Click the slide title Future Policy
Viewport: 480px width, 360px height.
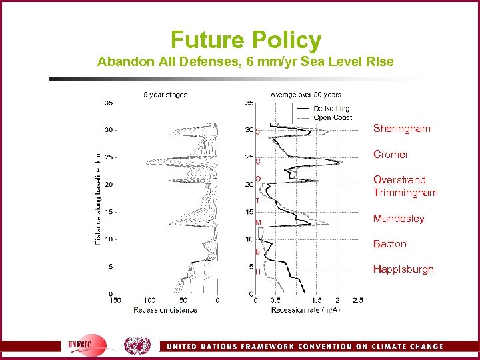pos(245,40)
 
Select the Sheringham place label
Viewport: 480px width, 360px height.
pos(401,128)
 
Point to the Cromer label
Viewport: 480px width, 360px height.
pos(391,154)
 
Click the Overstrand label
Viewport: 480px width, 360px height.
pos(399,179)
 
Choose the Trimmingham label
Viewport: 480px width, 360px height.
pos(405,193)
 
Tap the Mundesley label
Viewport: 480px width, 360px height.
pos(399,219)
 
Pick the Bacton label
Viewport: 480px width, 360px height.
pos(389,244)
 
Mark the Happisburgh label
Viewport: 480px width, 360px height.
pos(403,269)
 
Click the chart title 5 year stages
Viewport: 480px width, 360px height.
pos(165,95)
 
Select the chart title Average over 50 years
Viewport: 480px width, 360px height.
pos(305,95)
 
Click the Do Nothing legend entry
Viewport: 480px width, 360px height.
pos(323,109)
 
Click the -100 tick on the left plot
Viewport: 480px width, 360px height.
pos(148,301)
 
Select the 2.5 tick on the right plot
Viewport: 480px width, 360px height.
pos(358,301)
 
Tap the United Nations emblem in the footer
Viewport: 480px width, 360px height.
pos(137,345)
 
